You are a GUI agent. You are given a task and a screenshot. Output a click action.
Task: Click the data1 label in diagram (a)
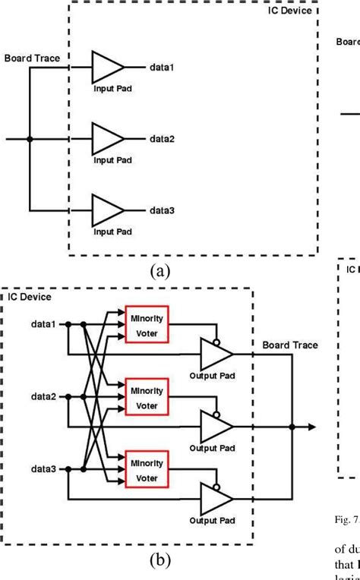point(161,68)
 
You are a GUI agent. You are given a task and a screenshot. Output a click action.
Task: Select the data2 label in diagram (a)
point(161,139)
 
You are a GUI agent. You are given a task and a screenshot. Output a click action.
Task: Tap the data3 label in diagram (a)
point(161,210)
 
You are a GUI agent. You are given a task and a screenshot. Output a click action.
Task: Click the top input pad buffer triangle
point(106,68)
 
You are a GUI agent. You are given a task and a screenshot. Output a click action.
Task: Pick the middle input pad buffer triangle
point(106,139)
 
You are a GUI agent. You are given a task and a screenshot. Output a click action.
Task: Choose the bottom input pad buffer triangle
point(106,210)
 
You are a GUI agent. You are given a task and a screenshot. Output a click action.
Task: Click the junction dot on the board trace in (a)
point(30,139)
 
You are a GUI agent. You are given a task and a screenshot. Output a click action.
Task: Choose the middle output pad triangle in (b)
point(215,427)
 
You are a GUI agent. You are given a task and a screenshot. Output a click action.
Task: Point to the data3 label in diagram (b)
point(43,468)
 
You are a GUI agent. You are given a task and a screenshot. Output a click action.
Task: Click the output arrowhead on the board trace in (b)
point(311,427)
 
